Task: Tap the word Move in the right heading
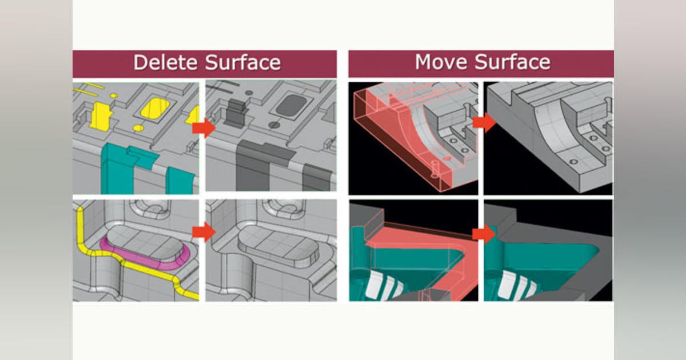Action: pyautogui.click(x=441, y=62)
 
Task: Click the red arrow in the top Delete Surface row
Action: pyautogui.click(x=203, y=128)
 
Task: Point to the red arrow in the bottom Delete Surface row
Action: pyautogui.click(x=203, y=232)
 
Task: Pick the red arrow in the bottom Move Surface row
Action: pyautogui.click(x=484, y=234)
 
